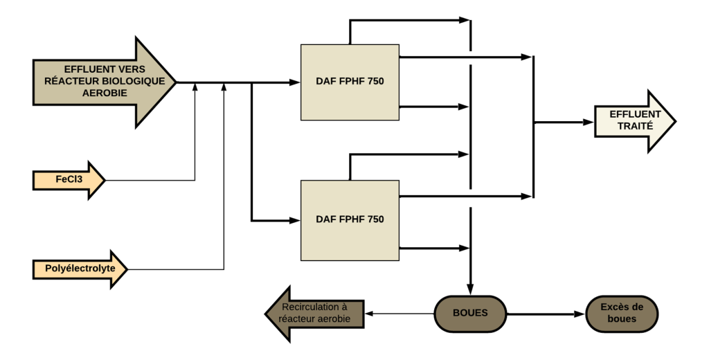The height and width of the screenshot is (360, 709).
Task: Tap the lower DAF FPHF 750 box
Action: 350,219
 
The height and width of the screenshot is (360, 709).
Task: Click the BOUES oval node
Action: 470,313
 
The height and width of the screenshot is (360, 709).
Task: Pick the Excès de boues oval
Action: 622,313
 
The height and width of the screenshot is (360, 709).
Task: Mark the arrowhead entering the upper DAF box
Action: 296,82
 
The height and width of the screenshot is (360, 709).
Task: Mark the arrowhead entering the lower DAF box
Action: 296,221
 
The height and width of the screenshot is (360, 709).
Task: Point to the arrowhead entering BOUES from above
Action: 471,289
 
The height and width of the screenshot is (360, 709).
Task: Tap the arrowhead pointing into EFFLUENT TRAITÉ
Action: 589,122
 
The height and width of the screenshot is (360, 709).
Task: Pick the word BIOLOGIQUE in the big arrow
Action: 130,81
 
